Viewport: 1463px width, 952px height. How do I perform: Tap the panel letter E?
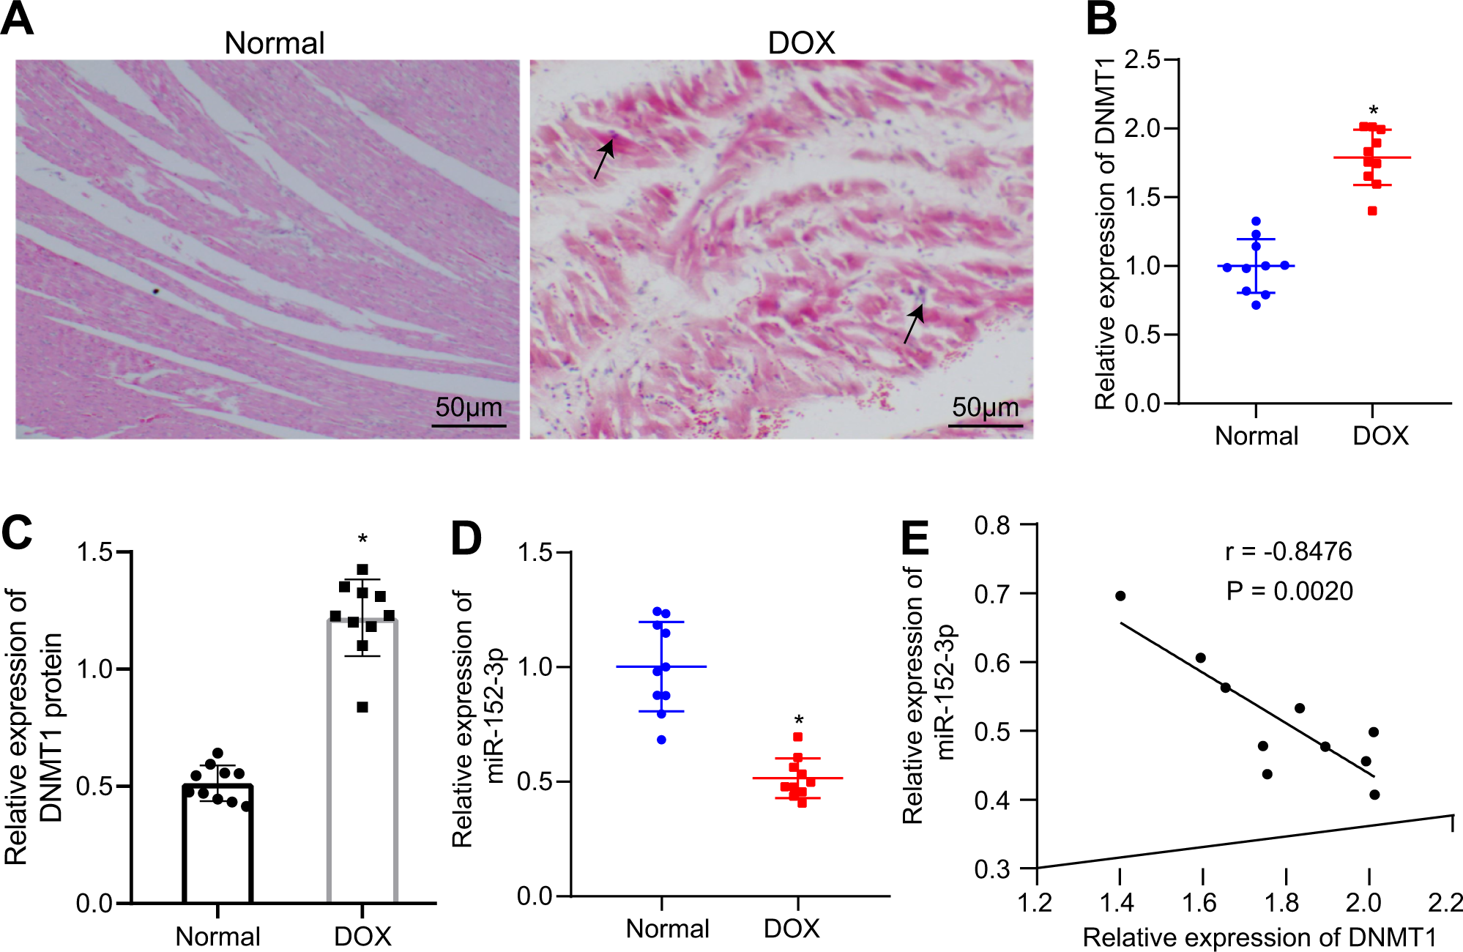pos(915,540)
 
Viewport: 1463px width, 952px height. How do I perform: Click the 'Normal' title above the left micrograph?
pos(274,43)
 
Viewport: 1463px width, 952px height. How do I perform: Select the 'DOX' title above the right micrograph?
pos(801,43)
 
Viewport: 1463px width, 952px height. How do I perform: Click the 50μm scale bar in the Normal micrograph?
pos(469,424)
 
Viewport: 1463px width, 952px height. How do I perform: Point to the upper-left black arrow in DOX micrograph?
pos(603,159)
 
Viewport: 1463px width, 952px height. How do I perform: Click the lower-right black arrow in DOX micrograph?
pos(914,324)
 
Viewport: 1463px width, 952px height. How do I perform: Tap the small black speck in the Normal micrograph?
pos(155,291)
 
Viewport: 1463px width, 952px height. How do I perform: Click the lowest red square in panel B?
pos(1372,211)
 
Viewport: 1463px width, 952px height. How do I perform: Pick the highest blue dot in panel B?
pos(1256,221)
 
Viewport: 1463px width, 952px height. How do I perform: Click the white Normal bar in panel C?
pos(217,842)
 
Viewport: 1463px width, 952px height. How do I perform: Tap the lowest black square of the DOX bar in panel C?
pos(362,707)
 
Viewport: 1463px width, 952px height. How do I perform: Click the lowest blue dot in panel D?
pos(661,740)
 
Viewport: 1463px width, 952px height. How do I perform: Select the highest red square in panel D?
pos(798,737)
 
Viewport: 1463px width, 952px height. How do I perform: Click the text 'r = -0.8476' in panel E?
pos(1288,551)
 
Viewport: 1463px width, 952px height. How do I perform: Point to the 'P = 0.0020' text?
pos(1289,591)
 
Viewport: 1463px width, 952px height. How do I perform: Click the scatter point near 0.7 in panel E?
pos(1120,596)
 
